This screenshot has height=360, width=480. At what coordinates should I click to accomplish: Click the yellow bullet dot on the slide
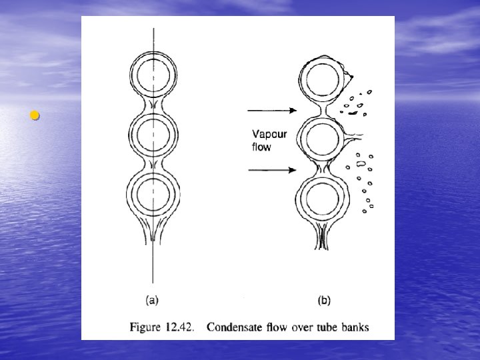point(35,116)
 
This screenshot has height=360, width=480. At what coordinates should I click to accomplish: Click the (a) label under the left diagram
point(152,301)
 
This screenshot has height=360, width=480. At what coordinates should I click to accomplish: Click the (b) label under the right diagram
point(323,301)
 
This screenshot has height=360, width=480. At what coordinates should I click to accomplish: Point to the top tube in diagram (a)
point(154,73)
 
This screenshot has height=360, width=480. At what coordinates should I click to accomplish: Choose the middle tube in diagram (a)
point(154,135)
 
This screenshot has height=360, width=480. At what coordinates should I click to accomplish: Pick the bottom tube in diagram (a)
point(154,195)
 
